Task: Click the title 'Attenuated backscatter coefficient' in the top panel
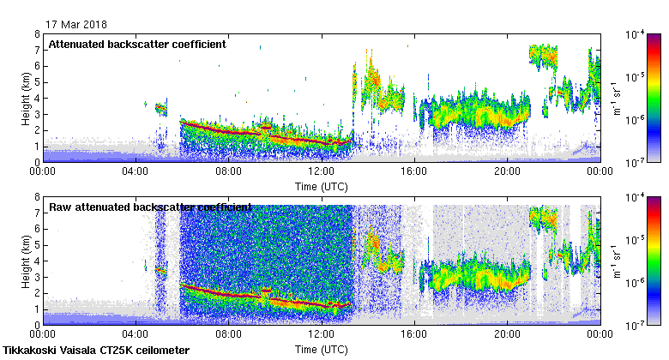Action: pos(137,44)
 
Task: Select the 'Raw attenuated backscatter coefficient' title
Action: pos(150,207)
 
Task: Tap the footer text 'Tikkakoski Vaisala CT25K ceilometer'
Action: pos(96,351)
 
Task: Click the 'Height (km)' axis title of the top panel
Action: pos(27,98)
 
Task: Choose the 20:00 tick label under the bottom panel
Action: pos(507,335)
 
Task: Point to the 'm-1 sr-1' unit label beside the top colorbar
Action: pos(616,98)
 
